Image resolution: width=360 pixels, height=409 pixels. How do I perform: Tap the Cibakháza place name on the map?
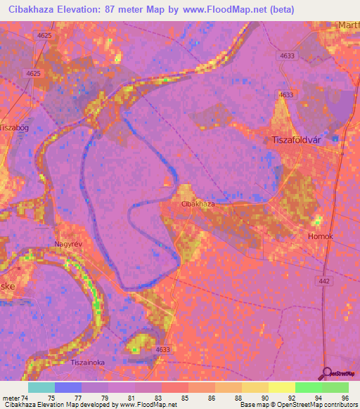(198, 204)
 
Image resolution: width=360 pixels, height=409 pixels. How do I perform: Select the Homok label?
(321, 237)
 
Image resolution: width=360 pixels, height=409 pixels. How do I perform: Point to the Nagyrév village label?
(68, 245)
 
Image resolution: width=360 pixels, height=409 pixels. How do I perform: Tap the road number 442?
(322, 281)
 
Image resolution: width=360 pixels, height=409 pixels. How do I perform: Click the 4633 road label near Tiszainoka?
(163, 349)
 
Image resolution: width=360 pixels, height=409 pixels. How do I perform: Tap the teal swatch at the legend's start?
(41, 387)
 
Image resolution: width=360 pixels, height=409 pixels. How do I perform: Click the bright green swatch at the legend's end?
(335, 387)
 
